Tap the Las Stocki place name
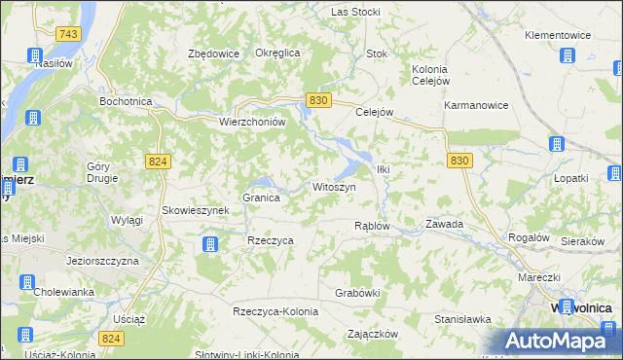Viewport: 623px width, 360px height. click(355, 12)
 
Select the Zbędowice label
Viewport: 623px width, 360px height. click(213, 54)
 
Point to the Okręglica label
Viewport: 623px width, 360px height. click(276, 53)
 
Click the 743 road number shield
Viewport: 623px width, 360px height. click(67, 34)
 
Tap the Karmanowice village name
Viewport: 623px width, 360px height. click(475, 105)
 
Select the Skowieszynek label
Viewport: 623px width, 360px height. click(195, 210)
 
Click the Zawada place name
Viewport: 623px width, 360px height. click(444, 224)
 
